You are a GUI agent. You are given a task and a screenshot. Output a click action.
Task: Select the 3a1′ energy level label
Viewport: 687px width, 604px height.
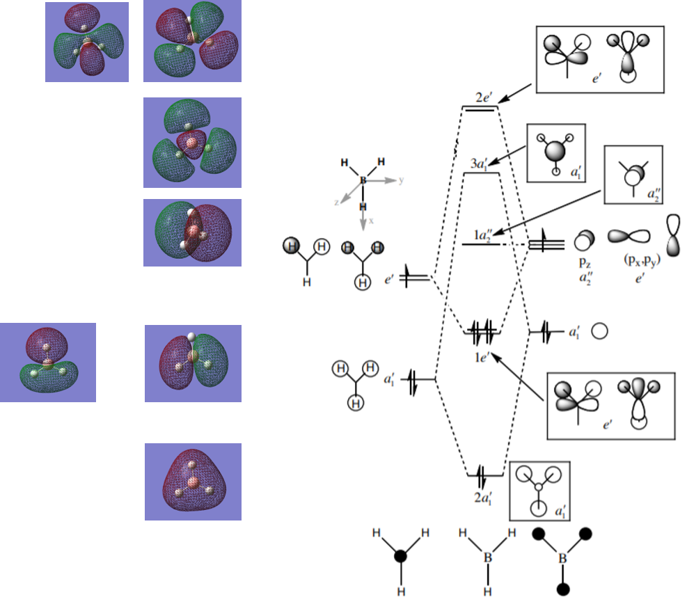[480, 163]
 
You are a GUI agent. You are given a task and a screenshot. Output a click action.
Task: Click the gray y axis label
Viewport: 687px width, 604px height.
[401, 180]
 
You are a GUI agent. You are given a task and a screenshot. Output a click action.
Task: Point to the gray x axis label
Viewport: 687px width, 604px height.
[371, 220]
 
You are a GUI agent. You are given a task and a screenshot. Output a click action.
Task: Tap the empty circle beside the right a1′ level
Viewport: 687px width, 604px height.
[600, 332]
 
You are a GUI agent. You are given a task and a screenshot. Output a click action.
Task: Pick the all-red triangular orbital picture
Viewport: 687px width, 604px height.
[193, 482]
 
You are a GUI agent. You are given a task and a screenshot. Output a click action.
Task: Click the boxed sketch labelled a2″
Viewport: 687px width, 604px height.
[633, 174]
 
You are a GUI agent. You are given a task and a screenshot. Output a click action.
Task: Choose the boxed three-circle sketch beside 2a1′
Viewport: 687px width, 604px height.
[539, 491]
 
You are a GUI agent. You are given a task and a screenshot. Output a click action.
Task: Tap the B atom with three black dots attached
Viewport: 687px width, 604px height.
[563, 558]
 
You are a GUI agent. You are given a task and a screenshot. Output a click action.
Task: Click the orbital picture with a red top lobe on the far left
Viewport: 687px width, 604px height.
[47, 362]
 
